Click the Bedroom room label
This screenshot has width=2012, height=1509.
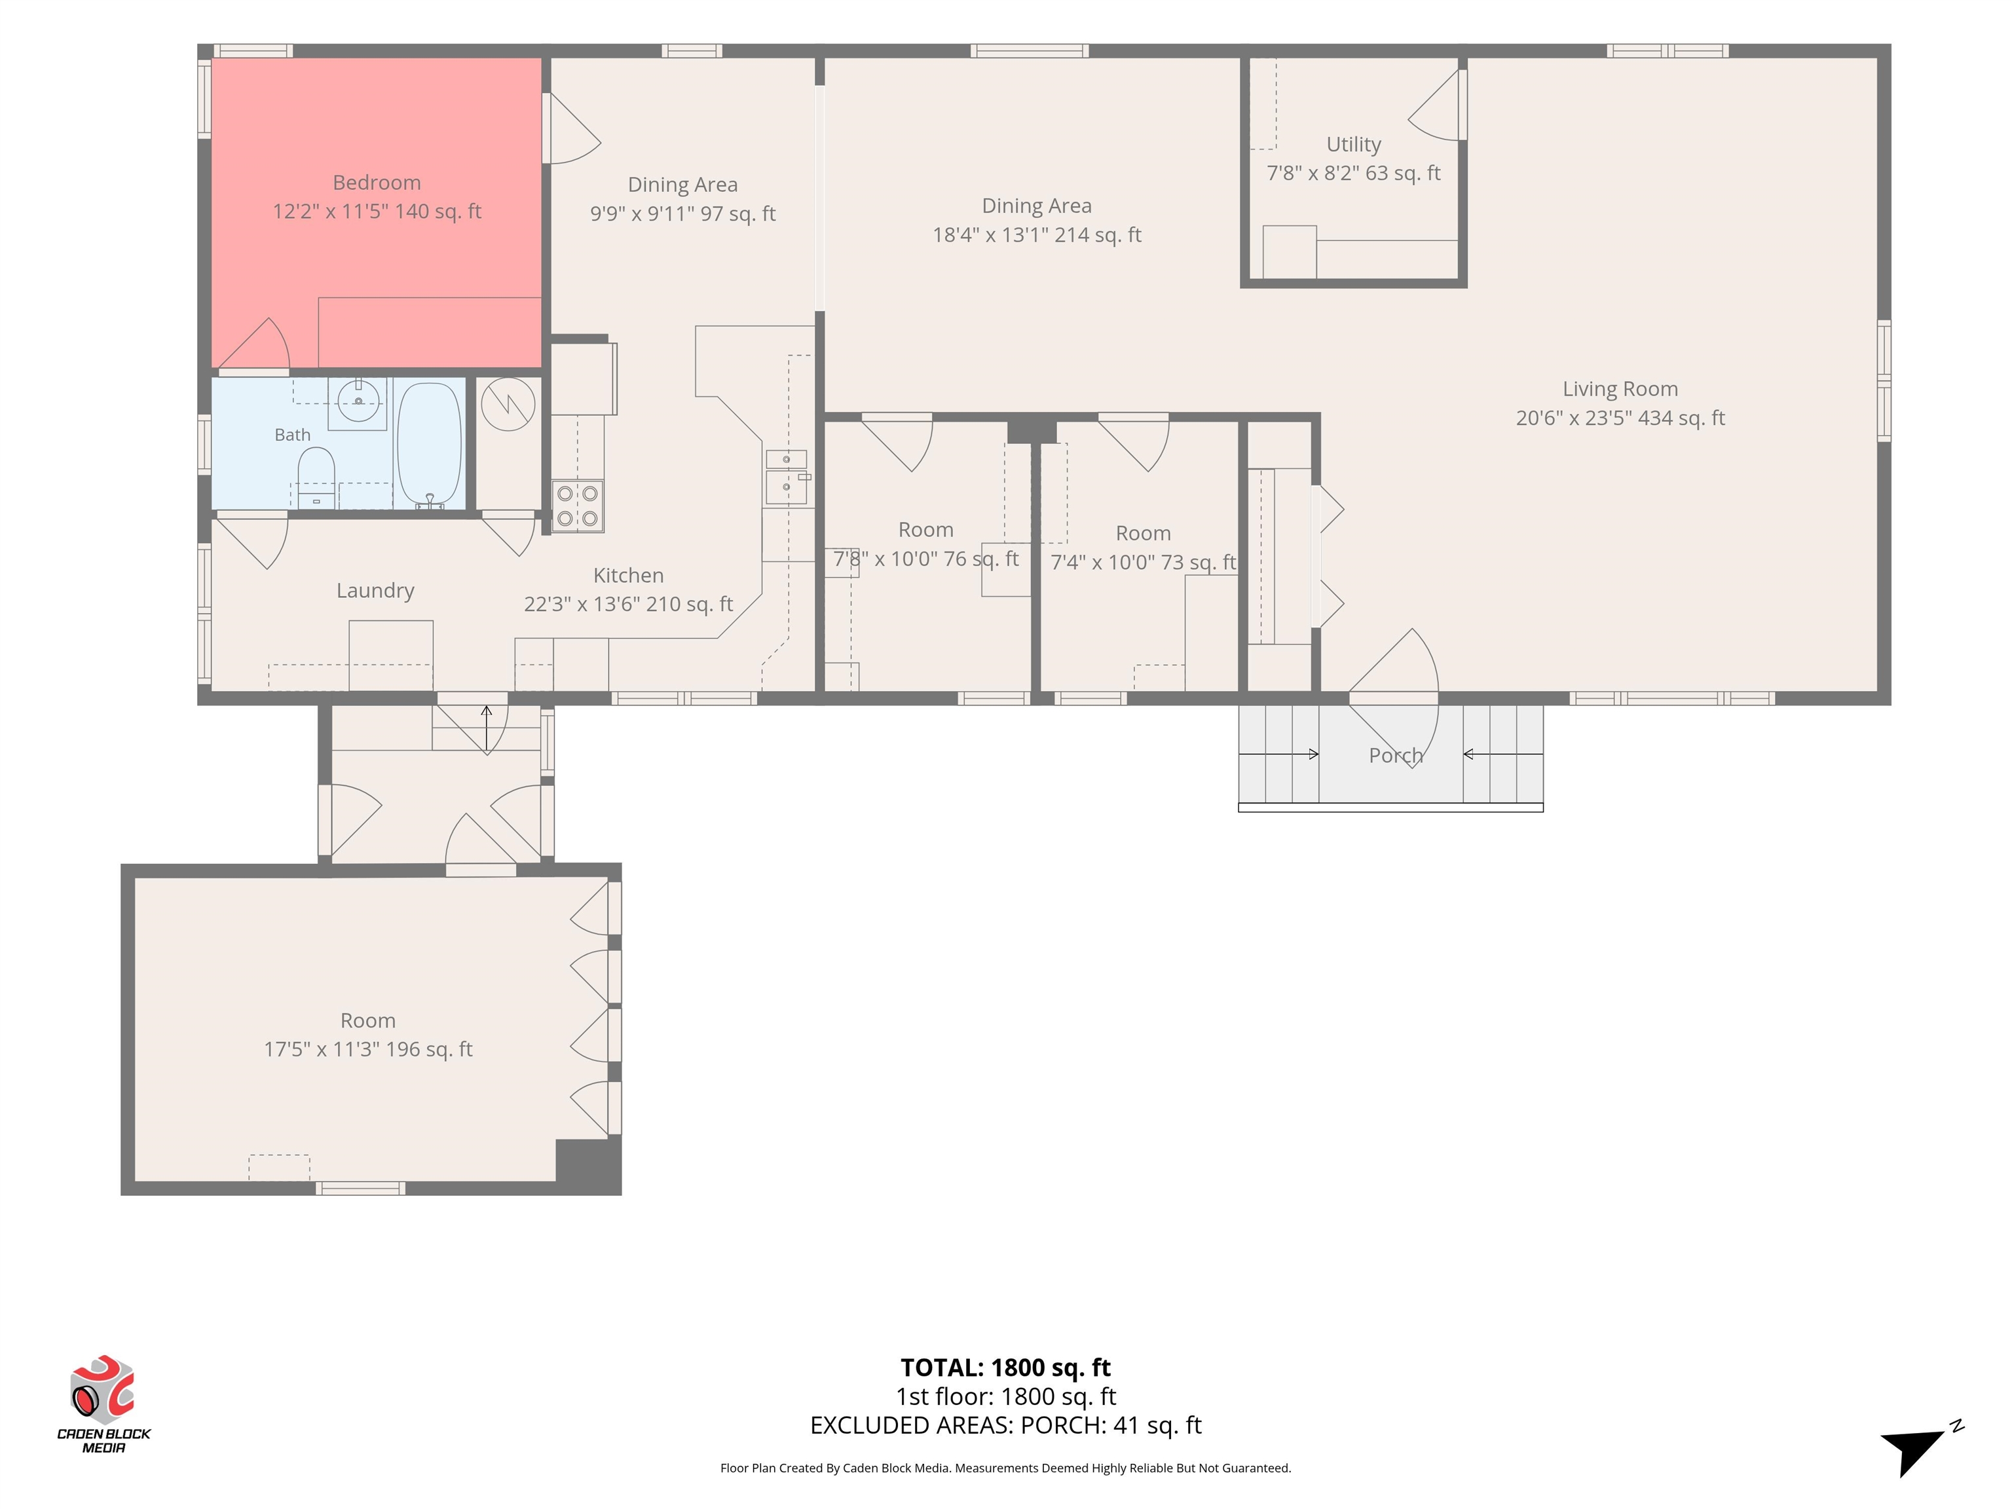click(x=377, y=183)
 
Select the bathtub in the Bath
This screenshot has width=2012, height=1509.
click(x=430, y=444)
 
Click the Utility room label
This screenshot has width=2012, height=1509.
click(x=1354, y=145)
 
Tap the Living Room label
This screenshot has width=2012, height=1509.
click(x=1620, y=388)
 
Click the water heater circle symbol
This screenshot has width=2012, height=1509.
click(x=508, y=404)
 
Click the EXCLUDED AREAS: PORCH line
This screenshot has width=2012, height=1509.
click(x=1005, y=1425)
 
